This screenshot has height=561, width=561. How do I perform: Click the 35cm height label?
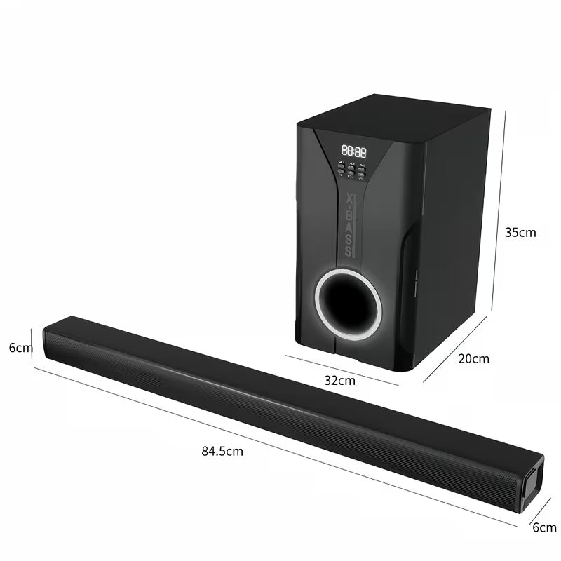coord(520,232)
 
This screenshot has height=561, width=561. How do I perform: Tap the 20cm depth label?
coord(473,358)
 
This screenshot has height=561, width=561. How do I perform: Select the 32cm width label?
coord(340,381)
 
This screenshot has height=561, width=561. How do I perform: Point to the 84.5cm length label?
coord(222,451)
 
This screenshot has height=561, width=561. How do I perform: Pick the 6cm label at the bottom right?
coord(544,527)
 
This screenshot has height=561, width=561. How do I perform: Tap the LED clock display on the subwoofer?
coord(353,150)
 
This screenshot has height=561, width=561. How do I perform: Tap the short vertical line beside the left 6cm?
coord(33,346)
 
